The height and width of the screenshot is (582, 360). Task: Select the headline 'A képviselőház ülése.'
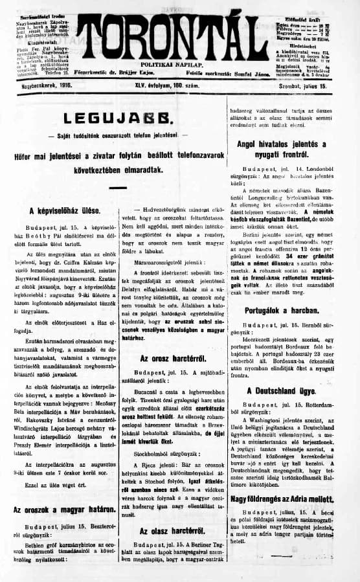pyautogui.click(x=64, y=210)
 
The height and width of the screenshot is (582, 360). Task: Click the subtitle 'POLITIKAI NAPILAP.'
pyautogui.click(x=174, y=65)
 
